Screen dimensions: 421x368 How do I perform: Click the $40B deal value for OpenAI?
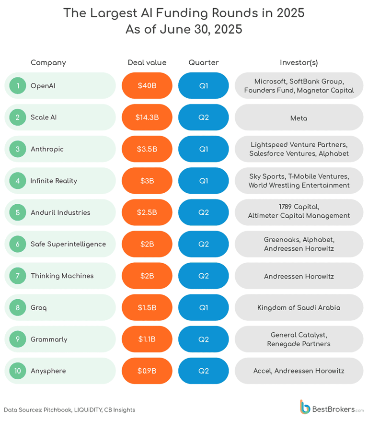[147, 86]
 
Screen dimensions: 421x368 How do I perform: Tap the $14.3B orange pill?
[147, 117]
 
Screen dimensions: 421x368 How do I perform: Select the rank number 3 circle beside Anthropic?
[18, 149]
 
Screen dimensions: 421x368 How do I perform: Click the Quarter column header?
[203, 62]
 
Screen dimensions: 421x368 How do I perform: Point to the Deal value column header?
[147, 62]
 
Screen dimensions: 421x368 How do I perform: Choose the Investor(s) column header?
[299, 62]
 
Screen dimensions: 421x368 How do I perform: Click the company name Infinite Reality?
[54, 181]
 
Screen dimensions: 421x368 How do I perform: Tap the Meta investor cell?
[299, 117]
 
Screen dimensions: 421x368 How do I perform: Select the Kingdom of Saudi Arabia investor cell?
[299, 307]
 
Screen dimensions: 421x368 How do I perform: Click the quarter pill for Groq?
[203, 307]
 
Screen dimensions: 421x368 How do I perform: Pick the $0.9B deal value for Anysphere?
[147, 371]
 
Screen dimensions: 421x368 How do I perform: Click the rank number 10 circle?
[18, 371]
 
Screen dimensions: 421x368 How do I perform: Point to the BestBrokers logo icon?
[305, 407]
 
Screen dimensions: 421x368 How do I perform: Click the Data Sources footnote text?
[69, 410]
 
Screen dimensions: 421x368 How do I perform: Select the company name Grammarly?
[49, 339]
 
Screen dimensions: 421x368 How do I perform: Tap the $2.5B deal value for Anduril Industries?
[147, 212]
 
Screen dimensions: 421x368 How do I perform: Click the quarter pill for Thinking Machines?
[203, 276]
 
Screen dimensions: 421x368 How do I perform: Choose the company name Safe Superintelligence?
[68, 244]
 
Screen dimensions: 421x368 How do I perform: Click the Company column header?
[48, 62]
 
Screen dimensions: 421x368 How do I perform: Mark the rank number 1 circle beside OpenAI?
[18, 86]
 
